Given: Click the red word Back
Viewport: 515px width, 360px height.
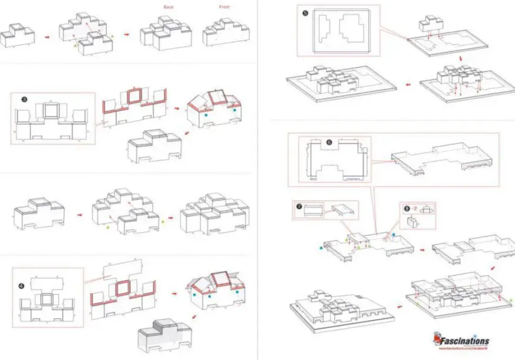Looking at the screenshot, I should pos(169,7).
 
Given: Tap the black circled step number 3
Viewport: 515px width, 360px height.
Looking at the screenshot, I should pos(24,99).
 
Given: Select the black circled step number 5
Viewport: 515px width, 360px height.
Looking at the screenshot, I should pos(305,13).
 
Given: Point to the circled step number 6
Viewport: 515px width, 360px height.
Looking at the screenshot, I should pos(329,142).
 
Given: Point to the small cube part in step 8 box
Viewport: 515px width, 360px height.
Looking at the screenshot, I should pos(411,221).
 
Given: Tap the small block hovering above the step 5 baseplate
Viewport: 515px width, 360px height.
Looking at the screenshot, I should pos(431,22).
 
